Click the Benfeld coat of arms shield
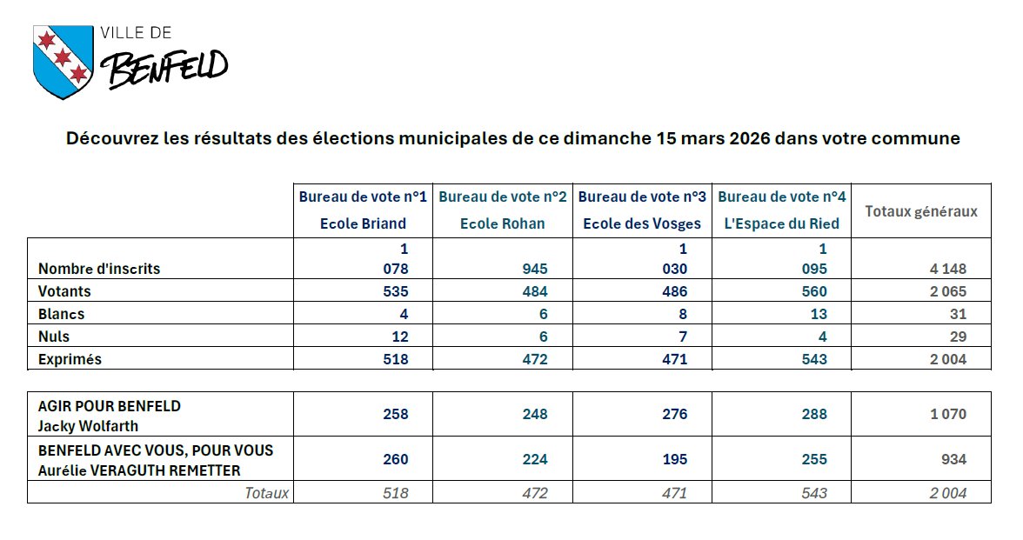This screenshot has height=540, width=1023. pyautogui.click(x=62, y=61)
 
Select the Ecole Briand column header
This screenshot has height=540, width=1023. pyautogui.click(x=364, y=223)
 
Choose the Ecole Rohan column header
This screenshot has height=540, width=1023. pyautogui.click(x=503, y=223)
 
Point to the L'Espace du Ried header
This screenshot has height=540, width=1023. pyautogui.click(x=782, y=223)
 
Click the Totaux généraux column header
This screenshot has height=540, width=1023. pyautogui.click(x=921, y=211)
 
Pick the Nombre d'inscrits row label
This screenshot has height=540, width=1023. pyautogui.click(x=99, y=269)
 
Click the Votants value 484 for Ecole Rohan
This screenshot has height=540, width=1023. pyautogui.click(x=535, y=291)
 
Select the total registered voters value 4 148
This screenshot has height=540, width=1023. pyautogui.click(x=948, y=269)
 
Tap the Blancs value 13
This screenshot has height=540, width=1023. pyautogui.click(x=815, y=314)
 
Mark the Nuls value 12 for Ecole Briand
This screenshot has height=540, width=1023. pyautogui.click(x=398, y=337)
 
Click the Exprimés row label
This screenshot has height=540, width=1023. pyautogui.click(x=70, y=359)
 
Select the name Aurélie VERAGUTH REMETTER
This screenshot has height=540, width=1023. pyautogui.click(x=139, y=470)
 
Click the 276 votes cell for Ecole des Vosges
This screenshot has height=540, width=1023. pyautogui.click(x=674, y=414)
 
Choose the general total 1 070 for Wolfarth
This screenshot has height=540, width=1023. pyautogui.click(x=948, y=414)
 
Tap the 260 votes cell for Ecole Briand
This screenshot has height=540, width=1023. pyautogui.click(x=395, y=459)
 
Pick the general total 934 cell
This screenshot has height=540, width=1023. pyautogui.click(x=953, y=459)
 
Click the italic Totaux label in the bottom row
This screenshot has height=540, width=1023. pyautogui.click(x=266, y=493)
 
